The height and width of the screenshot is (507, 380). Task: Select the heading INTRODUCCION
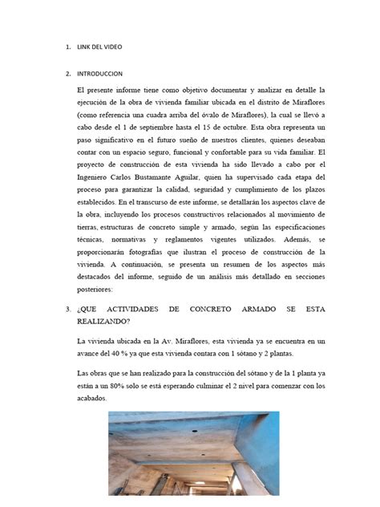(x=100, y=74)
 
